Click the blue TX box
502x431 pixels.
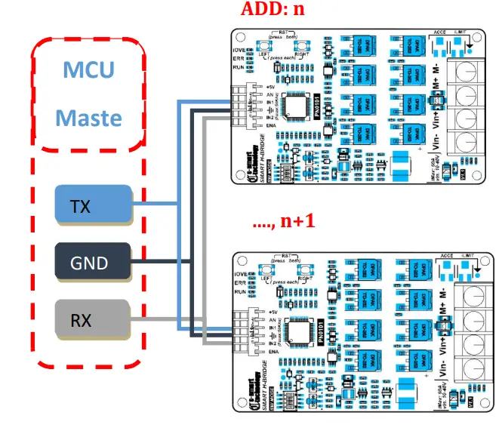pyautogui.click(x=92, y=205)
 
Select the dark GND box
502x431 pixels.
pyautogui.click(x=92, y=263)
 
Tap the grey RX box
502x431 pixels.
pyautogui.click(x=92, y=319)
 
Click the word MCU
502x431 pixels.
pyautogui.click(x=88, y=70)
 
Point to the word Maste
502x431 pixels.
pyautogui.click(x=88, y=118)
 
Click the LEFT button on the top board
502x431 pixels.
pyautogui.click(x=264, y=49)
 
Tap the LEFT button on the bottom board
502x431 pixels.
pyautogui.click(x=264, y=272)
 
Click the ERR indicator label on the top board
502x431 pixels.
pyautogui.click(x=239, y=57)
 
